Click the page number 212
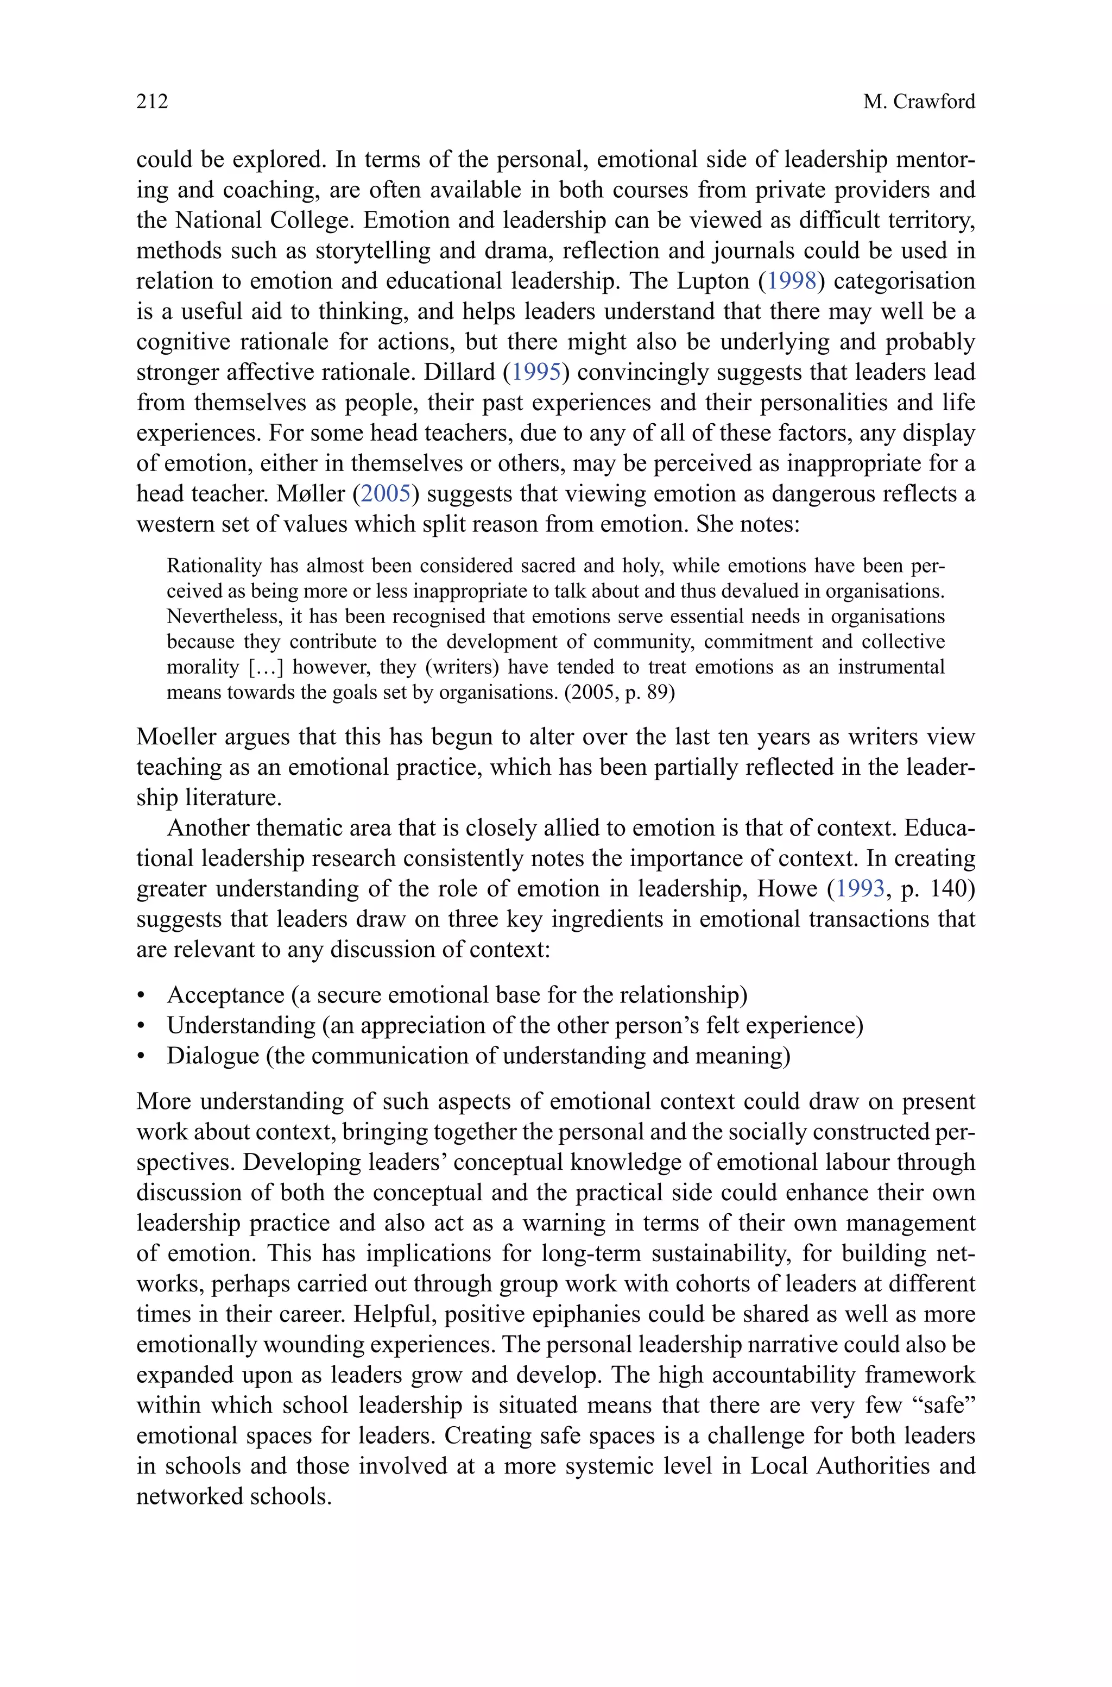(x=152, y=102)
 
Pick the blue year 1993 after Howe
(x=860, y=889)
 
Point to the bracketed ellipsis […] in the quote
(x=267, y=668)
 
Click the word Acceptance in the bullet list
(x=225, y=995)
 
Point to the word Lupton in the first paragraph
(x=713, y=281)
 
